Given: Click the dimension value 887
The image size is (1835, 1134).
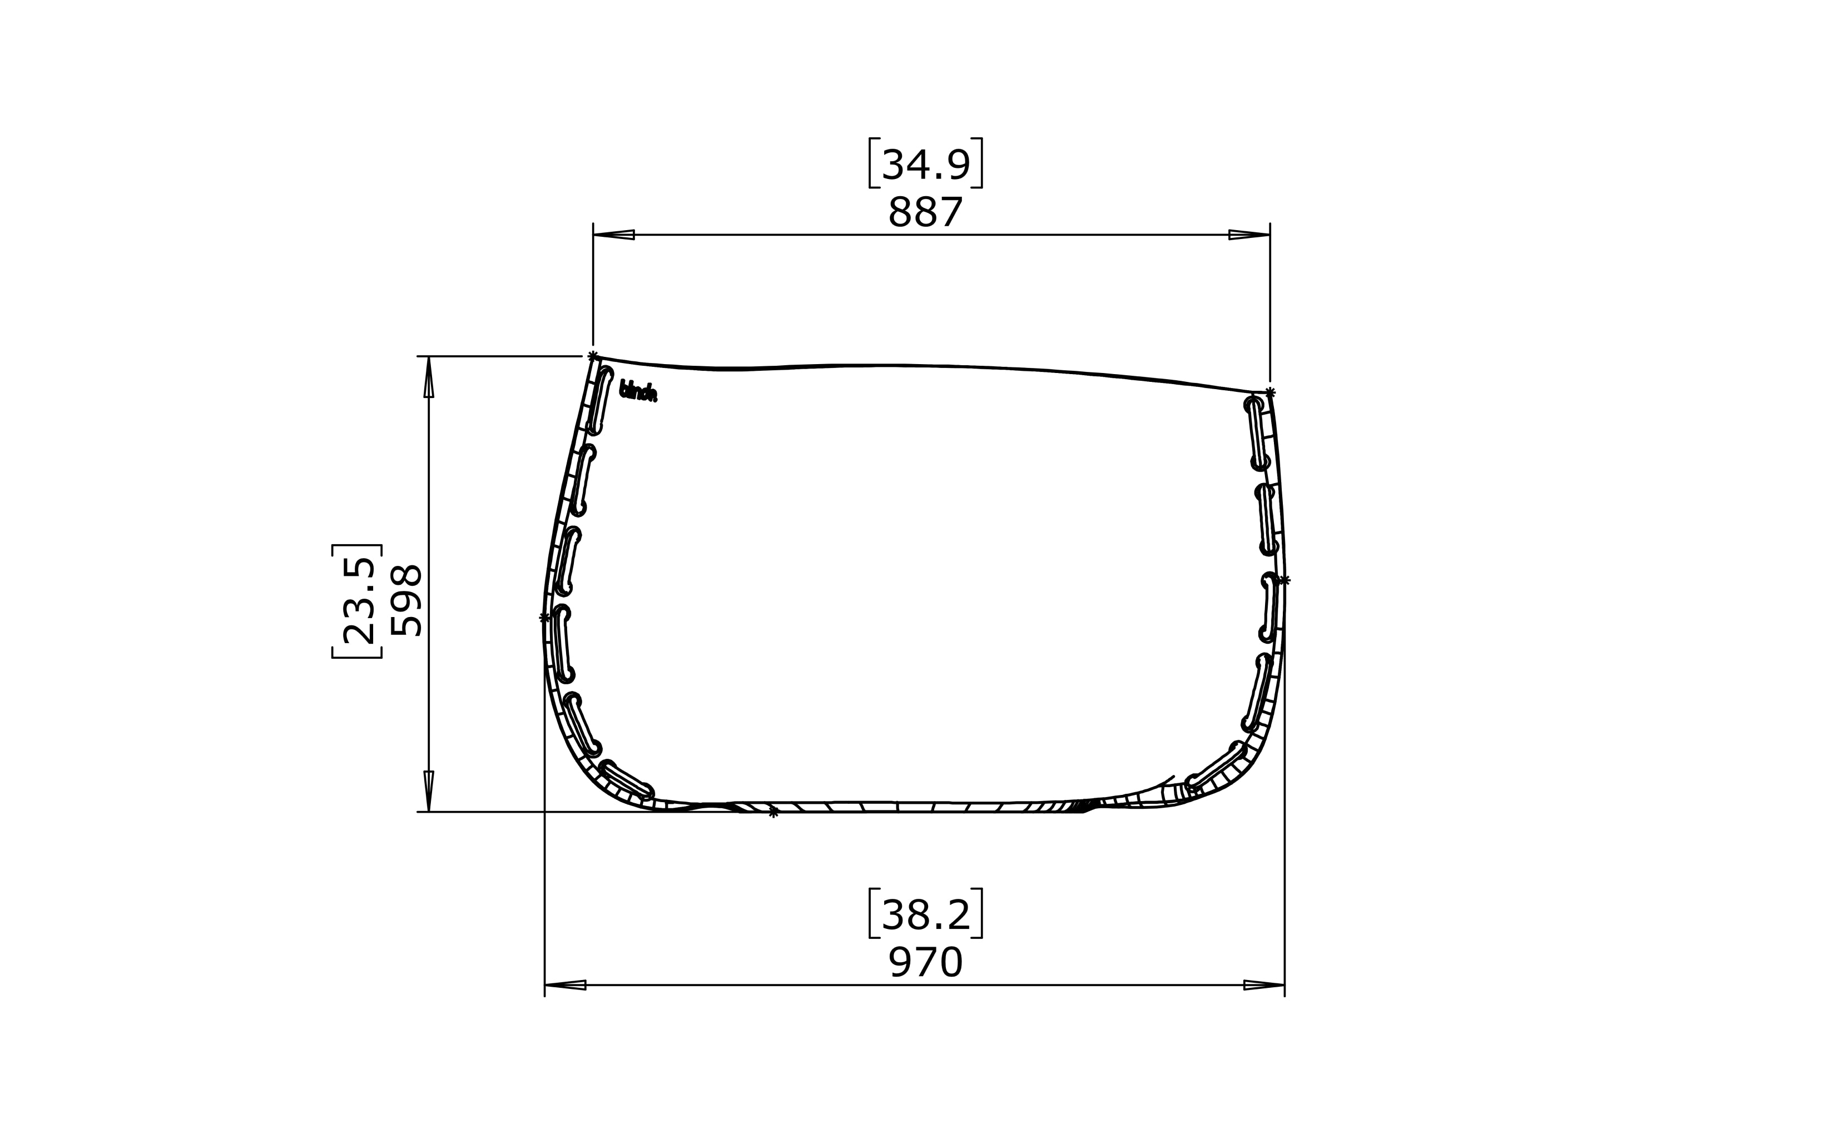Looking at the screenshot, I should pyautogui.click(x=924, y=212).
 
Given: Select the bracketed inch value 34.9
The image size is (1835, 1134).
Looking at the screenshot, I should pyautogui.click(x=924, y=164).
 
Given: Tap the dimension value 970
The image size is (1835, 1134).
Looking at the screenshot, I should pyautogui.click(x=924, y=963).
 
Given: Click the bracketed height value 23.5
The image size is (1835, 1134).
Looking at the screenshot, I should pyautogui.click(x=358, y=601).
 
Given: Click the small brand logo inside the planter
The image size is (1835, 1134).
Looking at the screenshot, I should pyautogui.click(x=638, y=391).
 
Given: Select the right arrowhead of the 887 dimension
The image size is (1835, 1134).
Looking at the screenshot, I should pyautogui.click(x=1250, y=235).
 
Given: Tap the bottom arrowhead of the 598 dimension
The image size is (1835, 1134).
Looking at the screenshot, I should pyautogui.click(x=428, y=790).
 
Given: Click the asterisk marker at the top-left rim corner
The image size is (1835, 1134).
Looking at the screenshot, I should pyautogui.click(x=593, y=356).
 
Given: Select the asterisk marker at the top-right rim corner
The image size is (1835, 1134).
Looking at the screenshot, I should pyautogui.click(x=1270, y=393).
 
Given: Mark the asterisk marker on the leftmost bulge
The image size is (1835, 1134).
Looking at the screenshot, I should pyautogui.click(x=544, y=618).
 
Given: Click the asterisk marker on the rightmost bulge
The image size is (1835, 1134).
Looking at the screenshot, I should pyautogui.click(x=1284, y=580).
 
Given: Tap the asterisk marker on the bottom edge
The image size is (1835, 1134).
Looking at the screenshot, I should pyautogui.click(x=773, y=812).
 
